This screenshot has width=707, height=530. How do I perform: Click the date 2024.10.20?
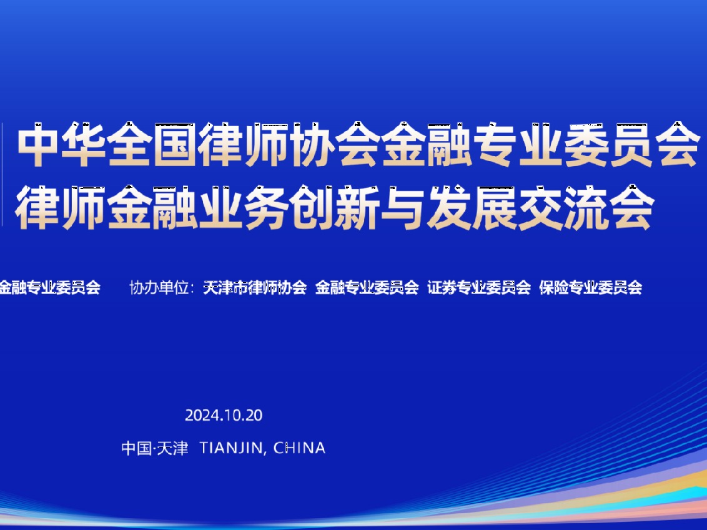click(224, 416)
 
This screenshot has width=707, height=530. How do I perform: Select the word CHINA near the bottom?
click(300, 448)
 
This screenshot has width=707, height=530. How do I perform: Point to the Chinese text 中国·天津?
click(154, 448)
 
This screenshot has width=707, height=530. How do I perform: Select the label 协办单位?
click(159, 288)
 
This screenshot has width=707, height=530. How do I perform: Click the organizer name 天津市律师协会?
click(255, 288)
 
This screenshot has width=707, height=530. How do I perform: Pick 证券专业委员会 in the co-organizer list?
click(479, 288)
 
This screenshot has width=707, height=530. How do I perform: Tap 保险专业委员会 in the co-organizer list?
click(591, 288)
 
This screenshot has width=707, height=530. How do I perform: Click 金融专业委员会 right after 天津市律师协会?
click(367, 288)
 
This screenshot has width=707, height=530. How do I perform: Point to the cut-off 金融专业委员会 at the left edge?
click(49, 288)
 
